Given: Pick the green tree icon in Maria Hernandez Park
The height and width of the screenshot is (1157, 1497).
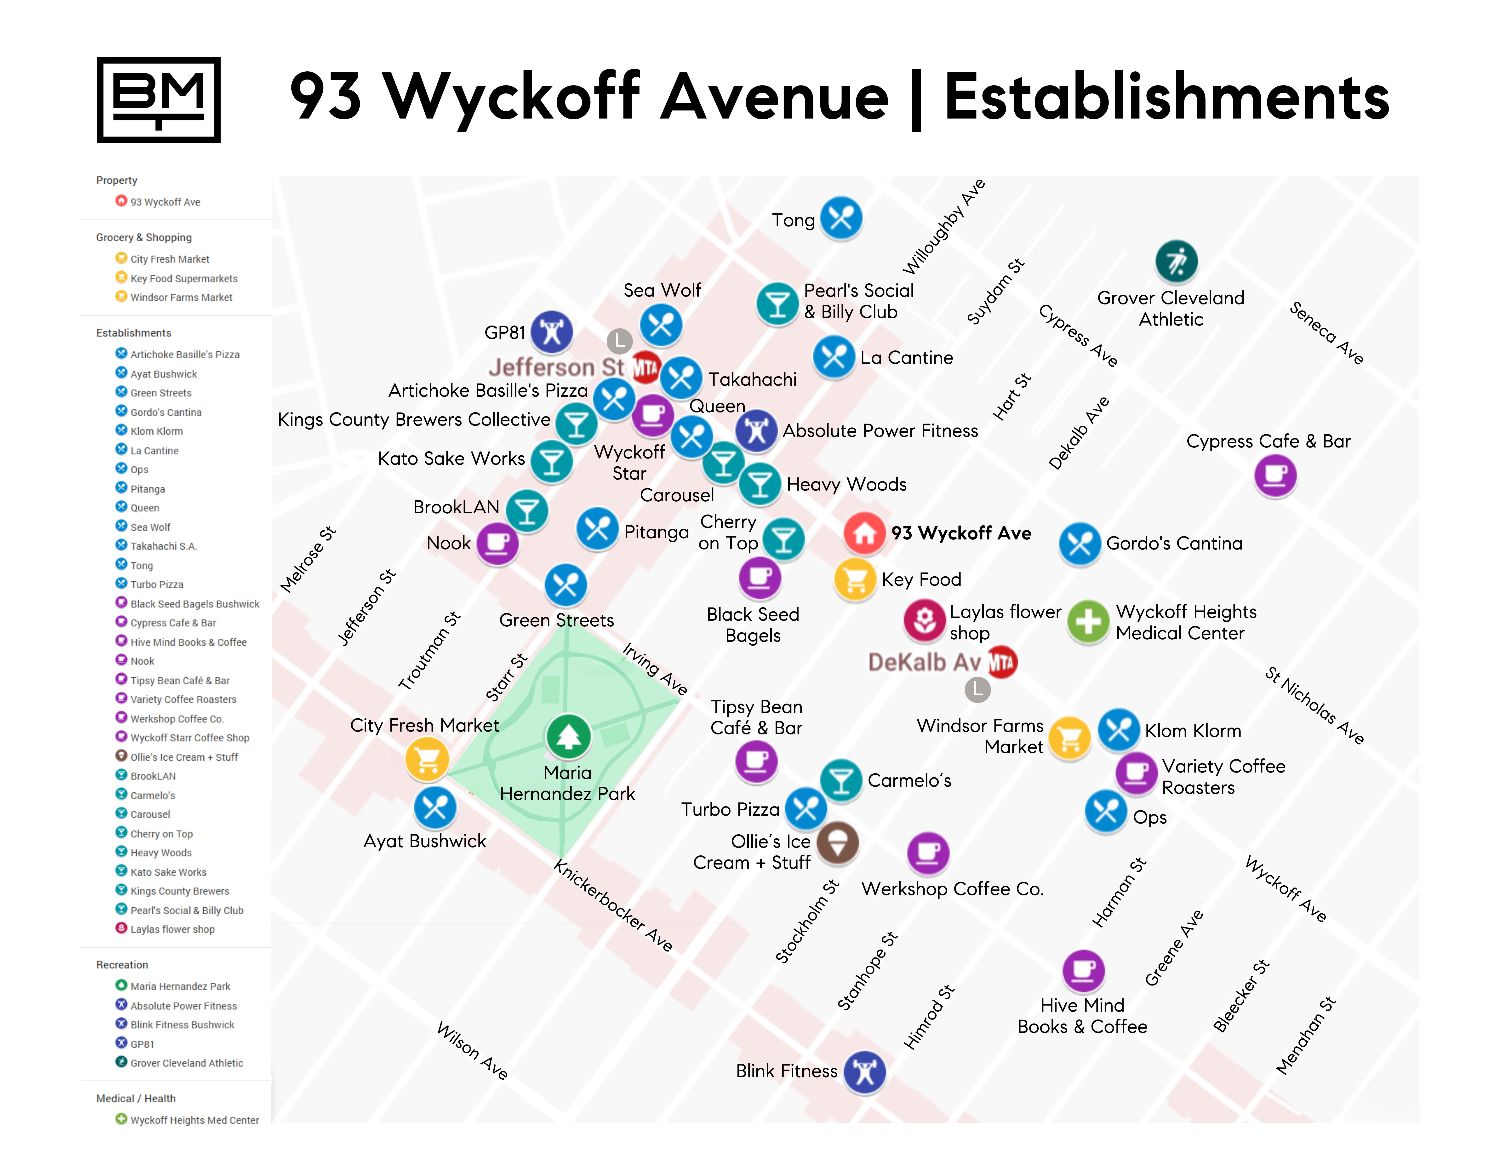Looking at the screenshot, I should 568,736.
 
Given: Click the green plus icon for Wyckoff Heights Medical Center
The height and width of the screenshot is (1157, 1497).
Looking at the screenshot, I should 1088,622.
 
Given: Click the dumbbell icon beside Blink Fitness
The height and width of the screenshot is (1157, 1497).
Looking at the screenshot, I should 864,1072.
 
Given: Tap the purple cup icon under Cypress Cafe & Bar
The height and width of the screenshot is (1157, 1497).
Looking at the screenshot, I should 1275,475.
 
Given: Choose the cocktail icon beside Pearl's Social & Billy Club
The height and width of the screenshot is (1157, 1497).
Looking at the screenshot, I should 777,303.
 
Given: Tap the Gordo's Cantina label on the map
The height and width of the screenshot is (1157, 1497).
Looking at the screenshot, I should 1173,544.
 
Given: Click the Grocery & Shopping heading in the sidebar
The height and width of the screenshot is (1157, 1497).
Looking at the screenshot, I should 144,238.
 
